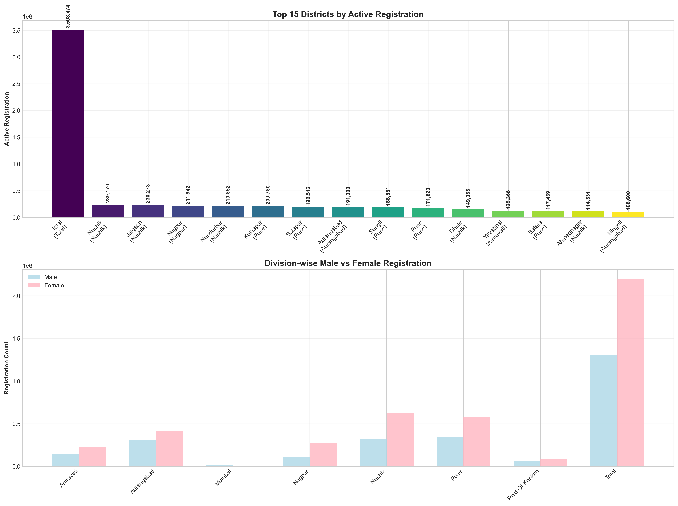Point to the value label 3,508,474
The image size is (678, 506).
[x=68, y=16]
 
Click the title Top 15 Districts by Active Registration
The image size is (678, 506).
[x=348, y=14]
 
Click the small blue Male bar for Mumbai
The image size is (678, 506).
[x=219, y=466]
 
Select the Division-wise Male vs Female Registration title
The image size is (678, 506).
[x=348, y=263]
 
